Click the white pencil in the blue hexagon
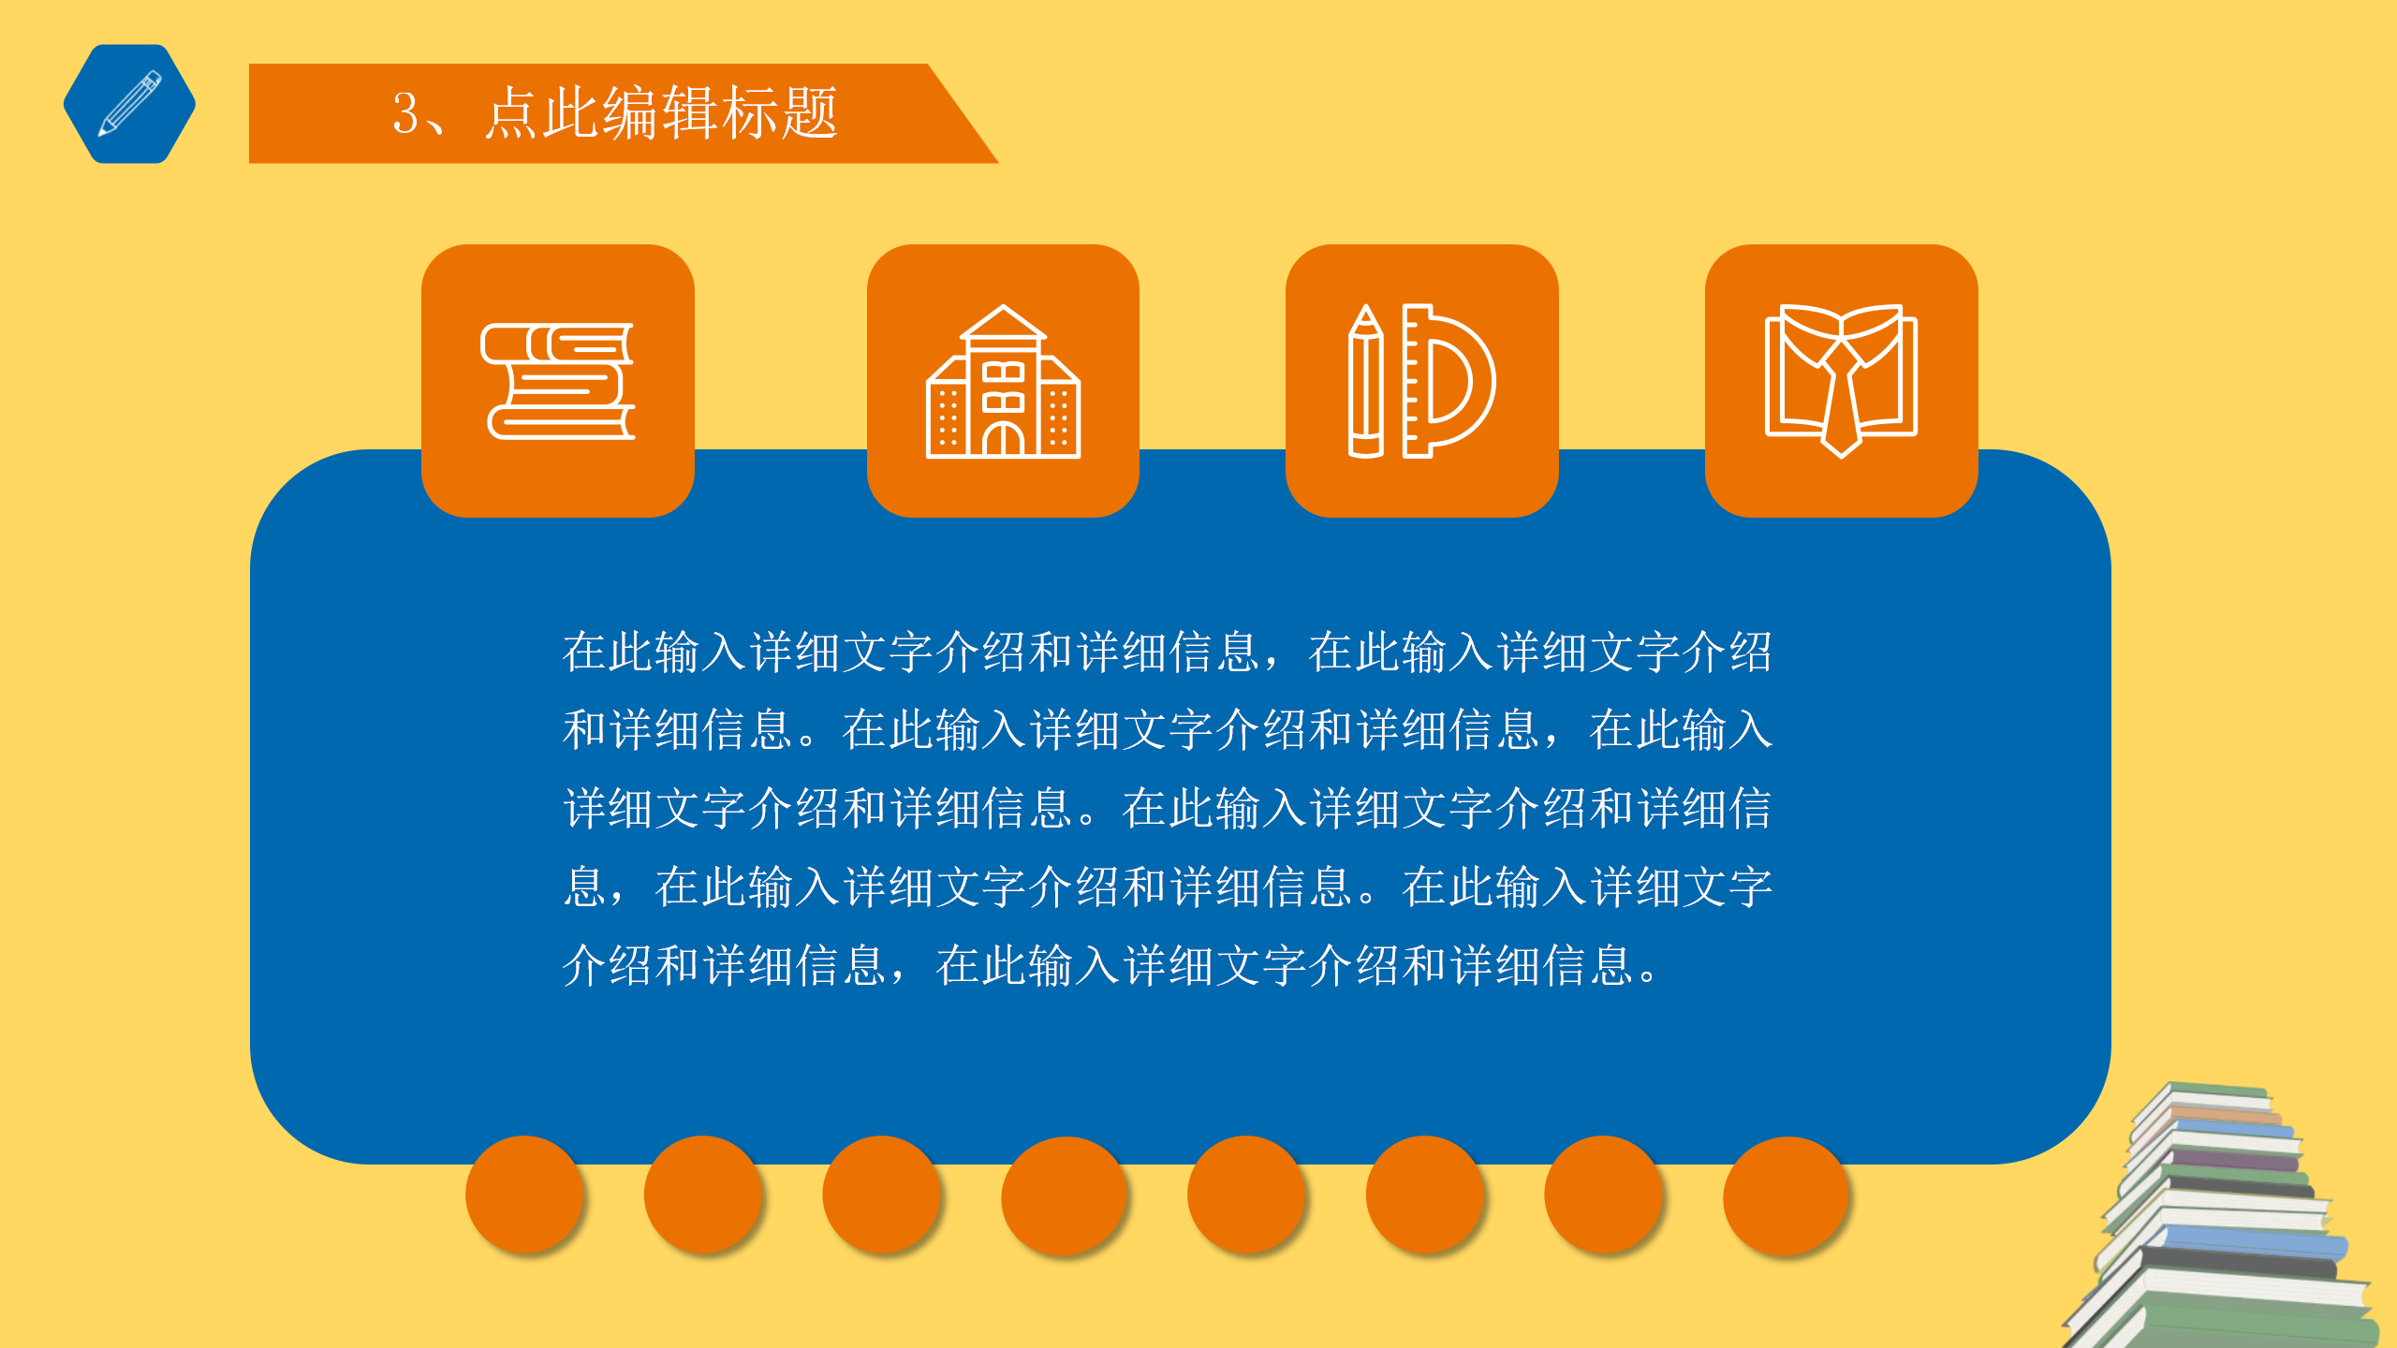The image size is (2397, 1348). pos(130,103)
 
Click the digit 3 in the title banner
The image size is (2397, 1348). pos(405,114)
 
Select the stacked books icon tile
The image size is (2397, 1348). pos(558,381)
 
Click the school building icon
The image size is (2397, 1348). pos(1003,383)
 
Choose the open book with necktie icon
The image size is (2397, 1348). pos(1841,381)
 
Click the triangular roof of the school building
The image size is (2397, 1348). pos(1003,323)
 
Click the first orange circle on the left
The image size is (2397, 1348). pos(524,1194)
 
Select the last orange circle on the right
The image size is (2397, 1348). pos(1785,1194)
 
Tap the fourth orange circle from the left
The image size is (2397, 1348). pos(1063,1194)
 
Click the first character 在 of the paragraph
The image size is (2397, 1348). pos(584,652)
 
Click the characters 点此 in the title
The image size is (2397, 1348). pos(542,114)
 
